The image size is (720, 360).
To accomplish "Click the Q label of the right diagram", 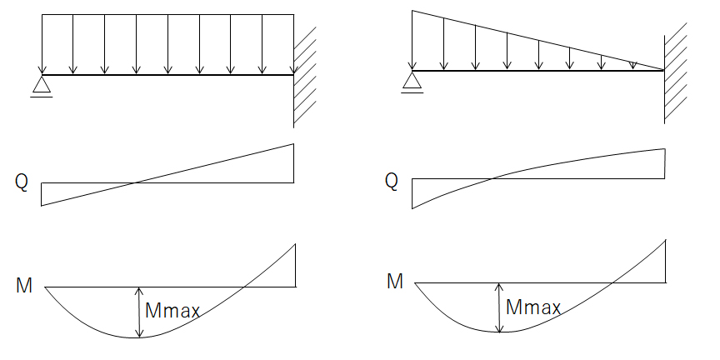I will (391, 181).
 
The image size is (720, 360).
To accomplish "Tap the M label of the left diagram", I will (24, 286).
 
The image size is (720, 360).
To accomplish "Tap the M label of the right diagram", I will (395, 281).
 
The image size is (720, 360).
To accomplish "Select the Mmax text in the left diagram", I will (172, 312).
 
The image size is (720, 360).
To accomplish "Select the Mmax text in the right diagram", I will (533, 307).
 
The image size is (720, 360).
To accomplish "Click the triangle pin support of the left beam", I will (41, 84).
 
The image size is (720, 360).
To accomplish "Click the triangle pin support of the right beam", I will (412, 80).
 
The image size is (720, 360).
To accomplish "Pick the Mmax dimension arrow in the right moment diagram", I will (499, 307).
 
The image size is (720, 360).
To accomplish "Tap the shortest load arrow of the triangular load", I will (632, 65).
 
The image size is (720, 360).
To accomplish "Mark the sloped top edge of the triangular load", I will (537, 39).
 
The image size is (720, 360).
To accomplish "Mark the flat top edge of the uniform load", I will (167, 14).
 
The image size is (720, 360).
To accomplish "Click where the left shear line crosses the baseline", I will (137, 182).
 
